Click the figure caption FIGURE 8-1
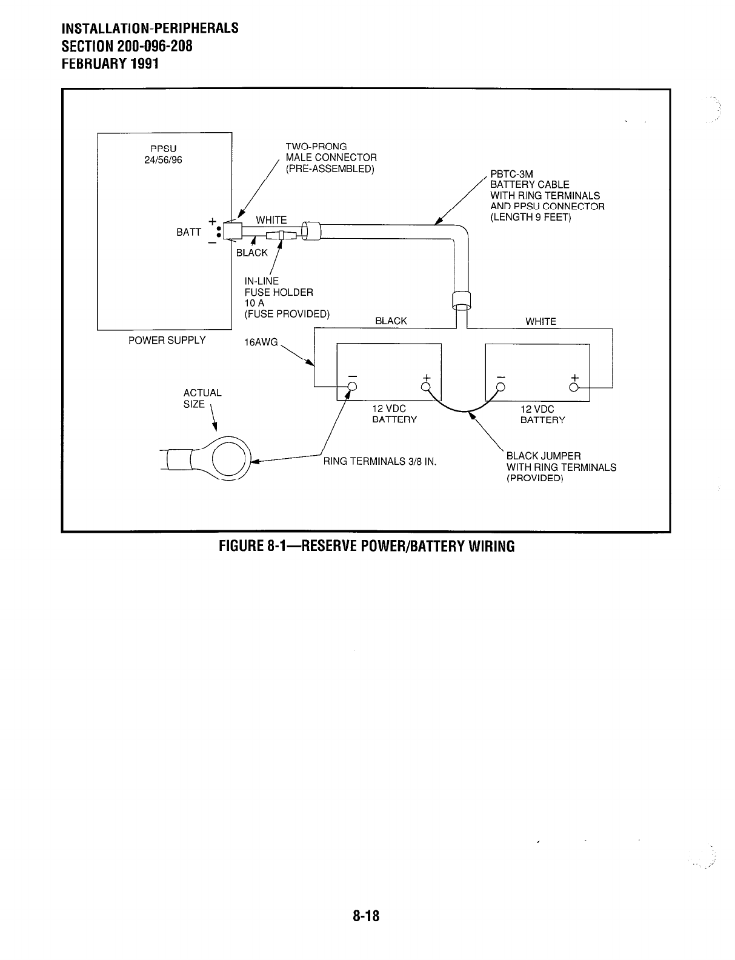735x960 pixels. click(x=366, y=545)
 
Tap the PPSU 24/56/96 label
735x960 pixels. click(x=163, y=154)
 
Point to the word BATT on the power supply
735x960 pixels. click(x=188, y=232)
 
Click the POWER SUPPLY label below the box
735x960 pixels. click(x=167, y=340)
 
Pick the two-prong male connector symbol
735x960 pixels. click(x=233, y=231)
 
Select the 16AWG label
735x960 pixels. click(x=260, y=342)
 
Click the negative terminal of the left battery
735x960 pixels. click(x=352, y=388)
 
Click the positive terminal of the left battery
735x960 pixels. click(x=426, y=387)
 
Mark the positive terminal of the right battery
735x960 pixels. click(x=574, y=387)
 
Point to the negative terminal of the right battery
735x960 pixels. click(x=501, y=387)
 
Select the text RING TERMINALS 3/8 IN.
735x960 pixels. click(x=380, y=461)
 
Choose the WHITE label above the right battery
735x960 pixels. click(x=540, y=321)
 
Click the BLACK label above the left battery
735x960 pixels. click(x=391, y=321)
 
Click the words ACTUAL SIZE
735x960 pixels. click(x=202, y=398)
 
